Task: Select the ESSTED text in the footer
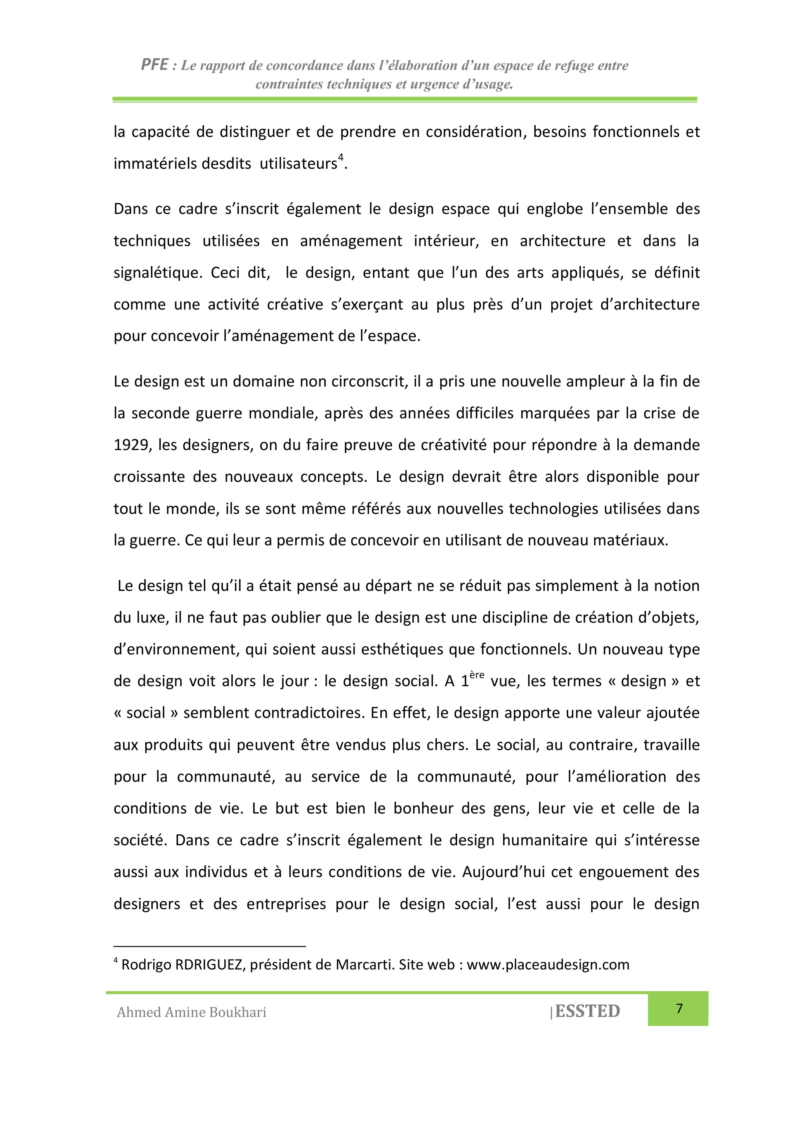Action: pos(587,1011)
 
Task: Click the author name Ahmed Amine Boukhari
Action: pos(191,1012)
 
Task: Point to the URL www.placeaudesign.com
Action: pos(548,964)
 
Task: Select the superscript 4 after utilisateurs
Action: pos(340,157)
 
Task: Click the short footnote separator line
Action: pos(210,946)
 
